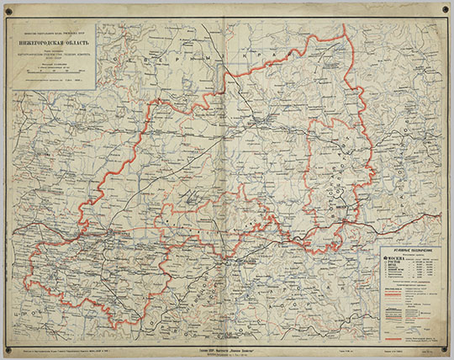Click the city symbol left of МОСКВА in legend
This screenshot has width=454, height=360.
380,257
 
